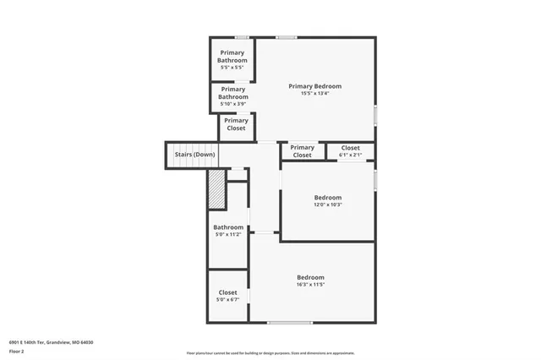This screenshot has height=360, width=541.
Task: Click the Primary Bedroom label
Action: click(314, 86)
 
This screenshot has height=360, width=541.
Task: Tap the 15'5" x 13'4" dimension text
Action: click(314, 94)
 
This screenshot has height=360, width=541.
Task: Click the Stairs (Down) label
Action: click(194, 155)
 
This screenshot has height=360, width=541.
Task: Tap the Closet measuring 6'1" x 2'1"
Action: click(350, 151)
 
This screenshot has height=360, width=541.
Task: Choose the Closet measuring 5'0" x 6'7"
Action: click(227, 296)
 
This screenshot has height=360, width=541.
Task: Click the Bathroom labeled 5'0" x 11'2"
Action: click(227, 230)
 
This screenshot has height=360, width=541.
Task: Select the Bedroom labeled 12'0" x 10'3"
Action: click(327, 200)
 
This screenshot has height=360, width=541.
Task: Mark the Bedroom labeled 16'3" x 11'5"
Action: click(310, 281)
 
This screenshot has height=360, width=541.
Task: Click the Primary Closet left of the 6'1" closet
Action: click(302, 151)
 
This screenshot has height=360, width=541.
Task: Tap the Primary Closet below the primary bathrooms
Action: click(236, 125)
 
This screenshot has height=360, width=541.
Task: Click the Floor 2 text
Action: click(18, 349)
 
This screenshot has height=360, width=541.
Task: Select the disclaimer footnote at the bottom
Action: click(270, 353)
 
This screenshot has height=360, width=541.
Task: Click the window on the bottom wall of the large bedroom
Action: click(284, 323)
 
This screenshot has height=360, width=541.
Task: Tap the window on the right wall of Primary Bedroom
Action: click(375, 113)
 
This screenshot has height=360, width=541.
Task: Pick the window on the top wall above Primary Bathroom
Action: click(242, 37)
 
